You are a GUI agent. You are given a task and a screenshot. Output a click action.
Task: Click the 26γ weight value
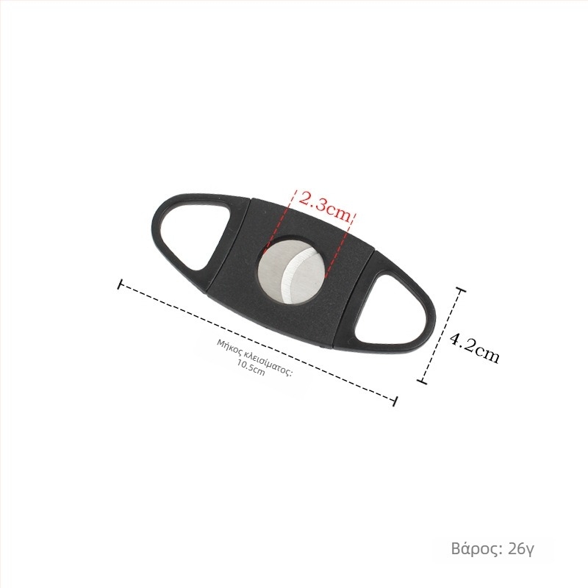pyautogui.click(x=521, y=549)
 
